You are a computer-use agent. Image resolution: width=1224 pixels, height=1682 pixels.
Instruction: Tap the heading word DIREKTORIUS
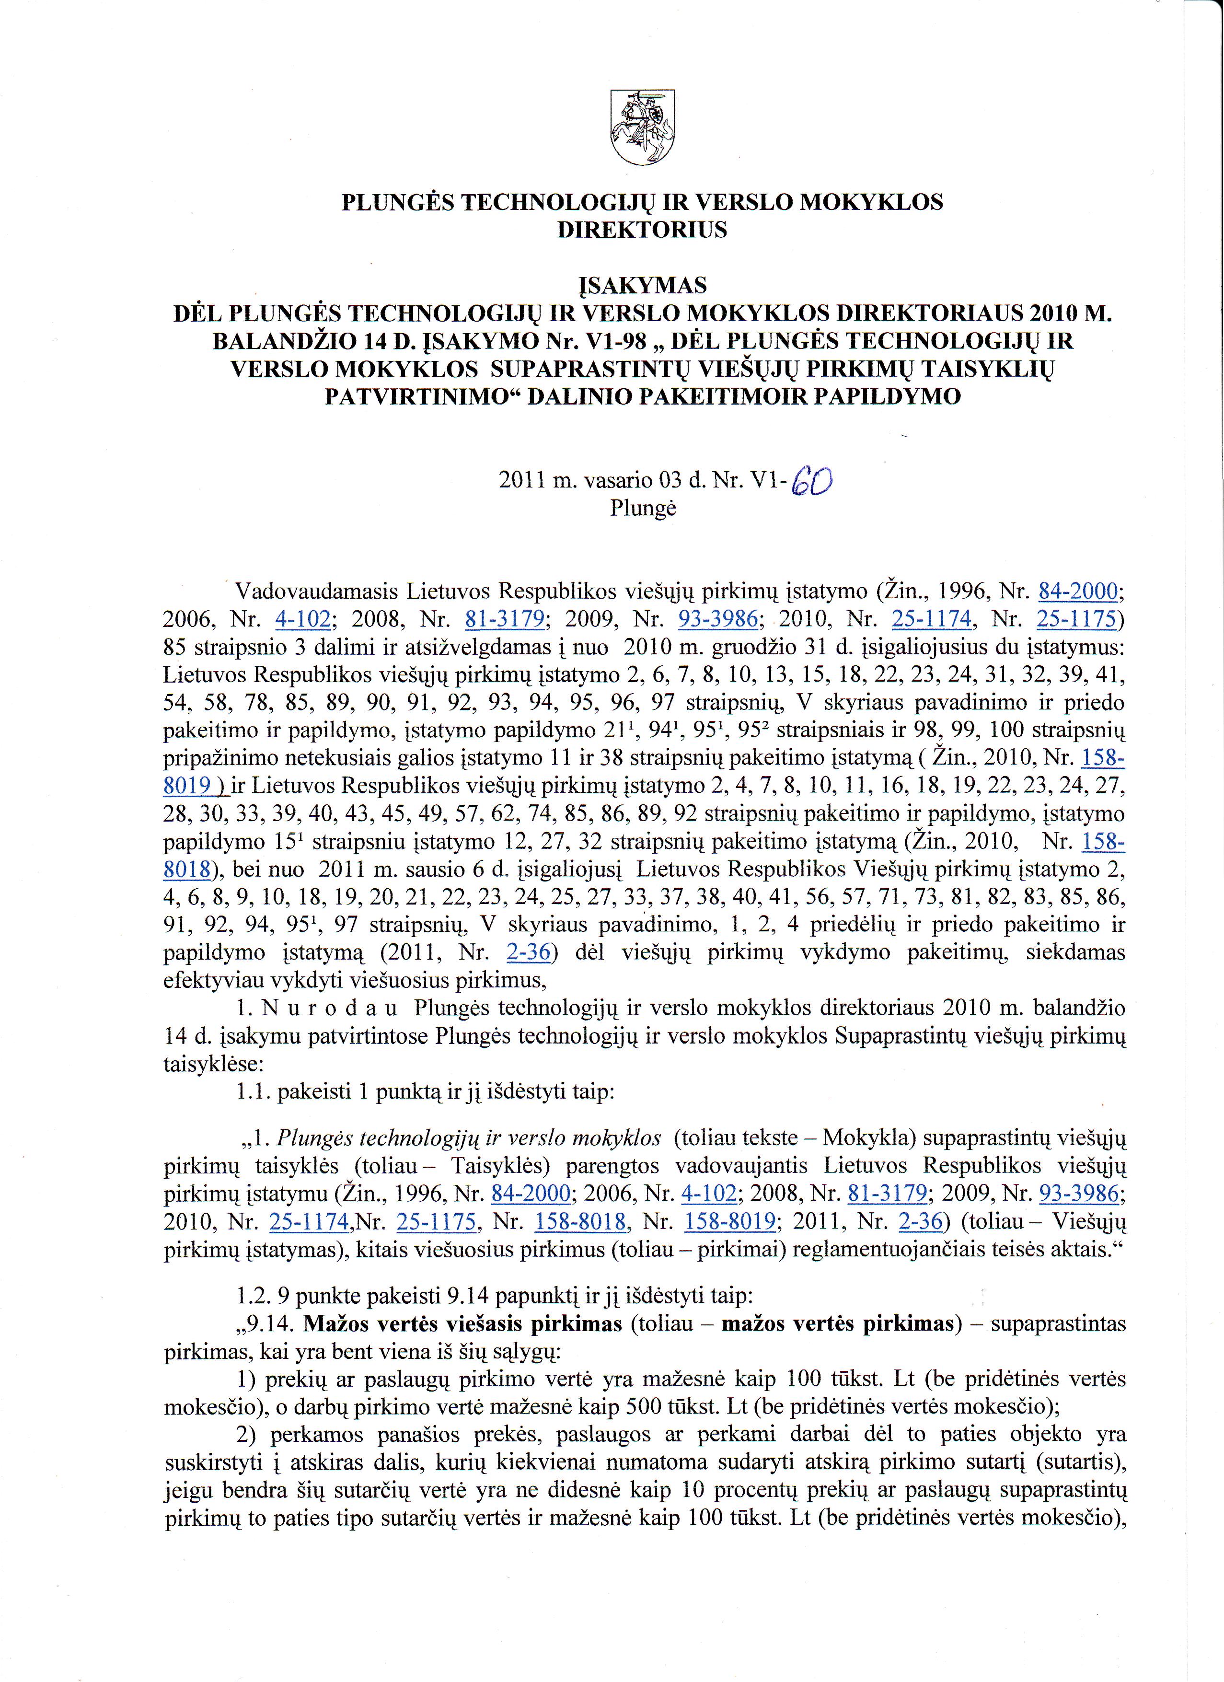click(x=642, y=230)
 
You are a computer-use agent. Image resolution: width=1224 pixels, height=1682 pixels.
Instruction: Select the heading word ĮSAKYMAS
click(x=642, y=285)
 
